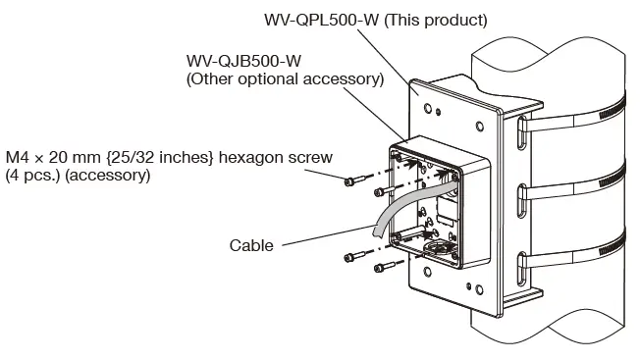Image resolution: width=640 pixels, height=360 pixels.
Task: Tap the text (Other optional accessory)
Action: click(x=284, y=79)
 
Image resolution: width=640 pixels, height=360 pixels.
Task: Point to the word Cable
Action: click(x=252, y=245)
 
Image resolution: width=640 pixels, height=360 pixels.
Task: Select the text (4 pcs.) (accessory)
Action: click(x=78, y=176)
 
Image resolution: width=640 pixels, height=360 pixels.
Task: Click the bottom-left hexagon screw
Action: click(x=384, y=266)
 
